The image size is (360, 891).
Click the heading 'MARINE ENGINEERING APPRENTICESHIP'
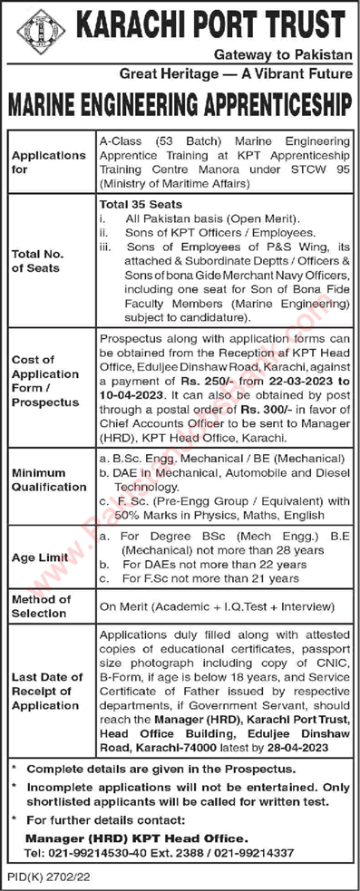tap(180, 105)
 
